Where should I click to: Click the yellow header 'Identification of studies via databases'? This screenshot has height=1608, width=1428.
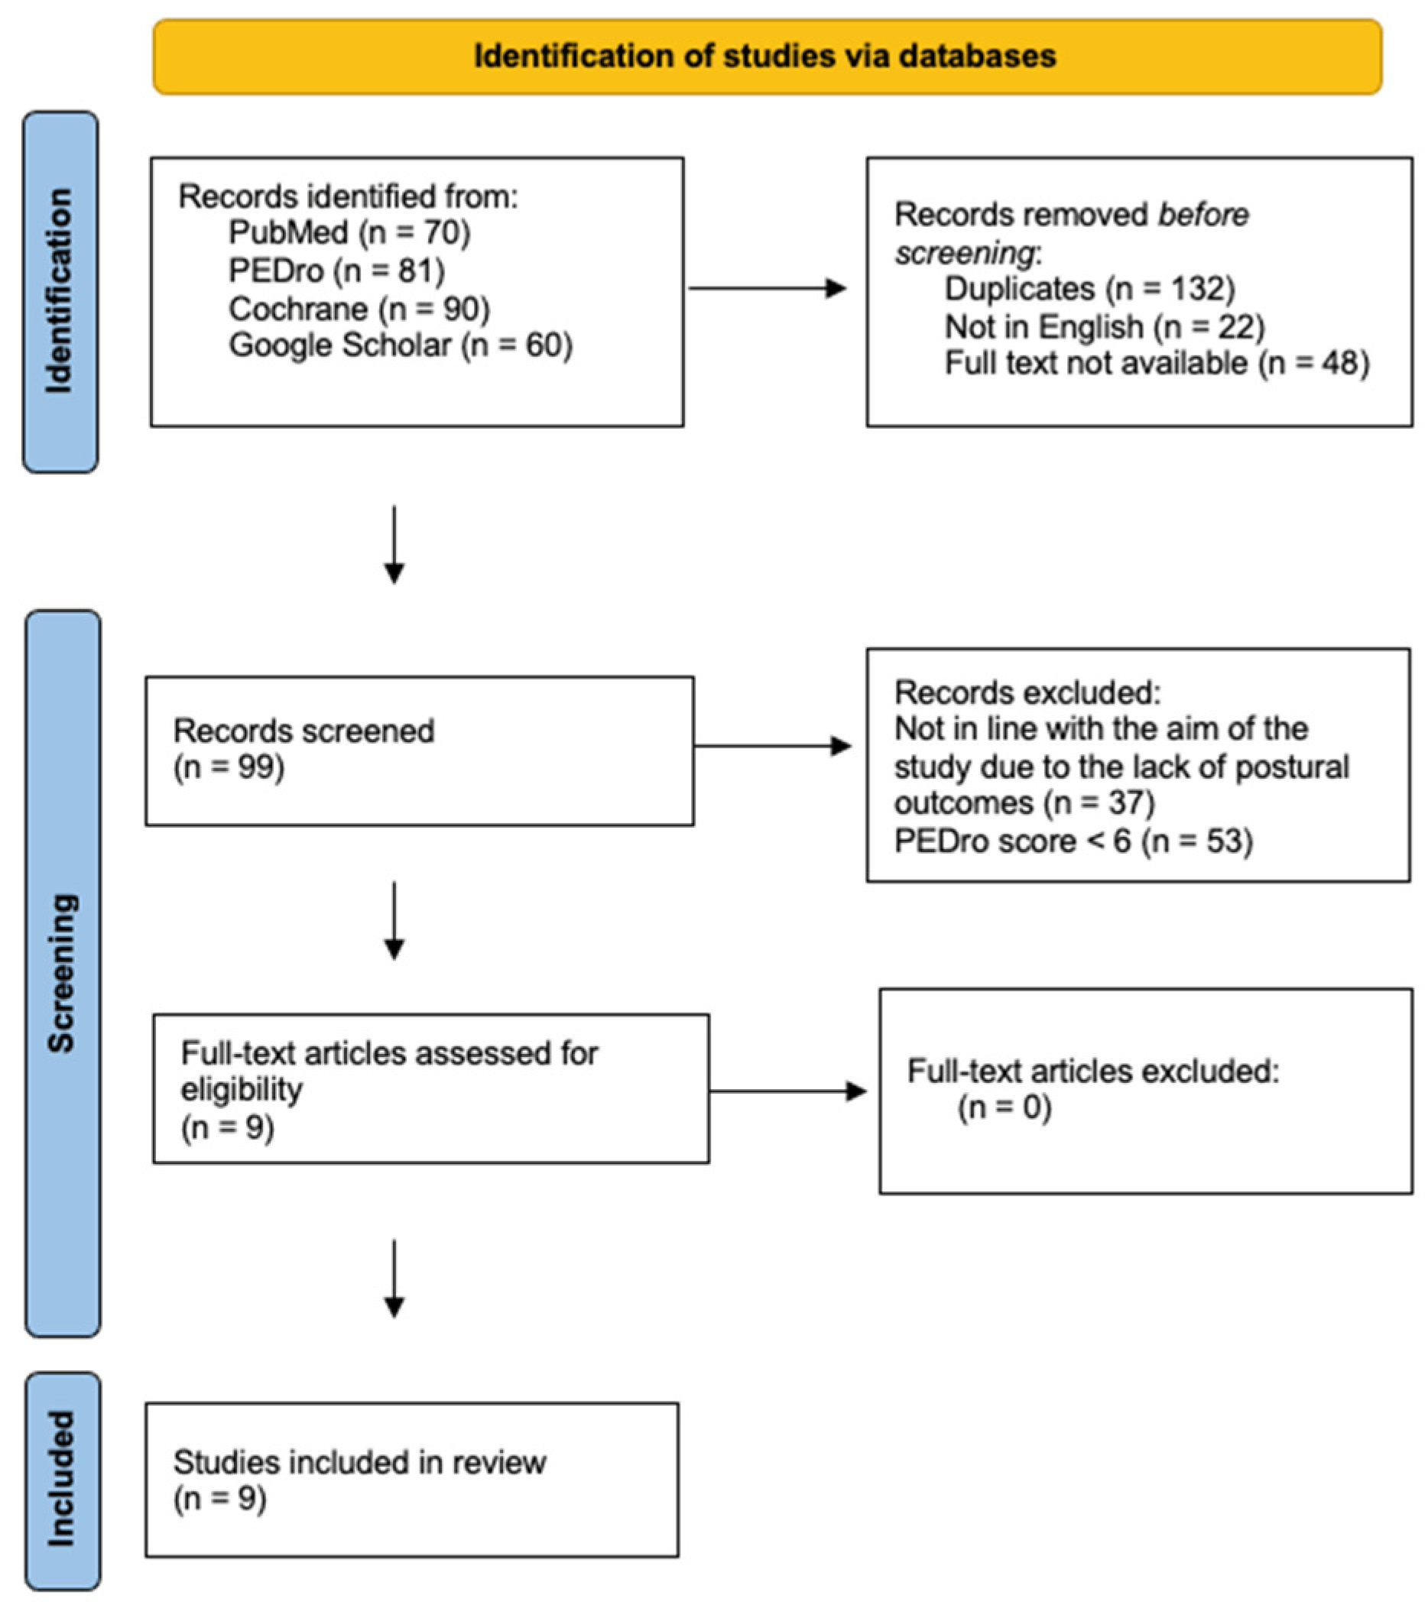tap(766, 57)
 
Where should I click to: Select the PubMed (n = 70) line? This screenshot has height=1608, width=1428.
tap(349, 232)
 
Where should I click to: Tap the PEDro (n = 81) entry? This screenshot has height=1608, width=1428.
tap(336, 271)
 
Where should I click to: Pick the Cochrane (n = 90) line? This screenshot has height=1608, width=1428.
tap(359, 309)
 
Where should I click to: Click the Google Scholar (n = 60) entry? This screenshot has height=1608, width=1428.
tap(400, 345)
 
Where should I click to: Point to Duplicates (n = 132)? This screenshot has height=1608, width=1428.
tap(1089, 289)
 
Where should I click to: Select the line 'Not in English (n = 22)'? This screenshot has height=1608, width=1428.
tap(1104, 326)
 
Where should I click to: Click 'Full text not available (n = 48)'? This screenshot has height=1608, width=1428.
tap(1157, 364)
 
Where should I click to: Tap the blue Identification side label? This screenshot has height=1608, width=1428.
tap(60, 291)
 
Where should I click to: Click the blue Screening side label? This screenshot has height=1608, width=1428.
tap(62, 973)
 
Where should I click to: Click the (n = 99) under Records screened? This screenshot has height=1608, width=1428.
tap(228, 767)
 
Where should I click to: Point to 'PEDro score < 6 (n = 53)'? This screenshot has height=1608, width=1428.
tap(1073, 841)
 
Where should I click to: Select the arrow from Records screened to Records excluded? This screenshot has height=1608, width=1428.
tap(772, 746)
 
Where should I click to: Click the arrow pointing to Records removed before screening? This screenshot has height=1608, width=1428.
tap(767, 289)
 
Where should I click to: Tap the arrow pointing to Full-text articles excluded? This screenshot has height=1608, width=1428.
tap(787, 1091)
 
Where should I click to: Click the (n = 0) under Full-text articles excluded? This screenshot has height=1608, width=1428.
tap(1004, 1107)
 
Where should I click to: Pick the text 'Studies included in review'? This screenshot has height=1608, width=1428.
tap(359, 1463)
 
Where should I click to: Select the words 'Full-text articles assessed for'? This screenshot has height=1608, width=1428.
tap(389, 1053)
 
